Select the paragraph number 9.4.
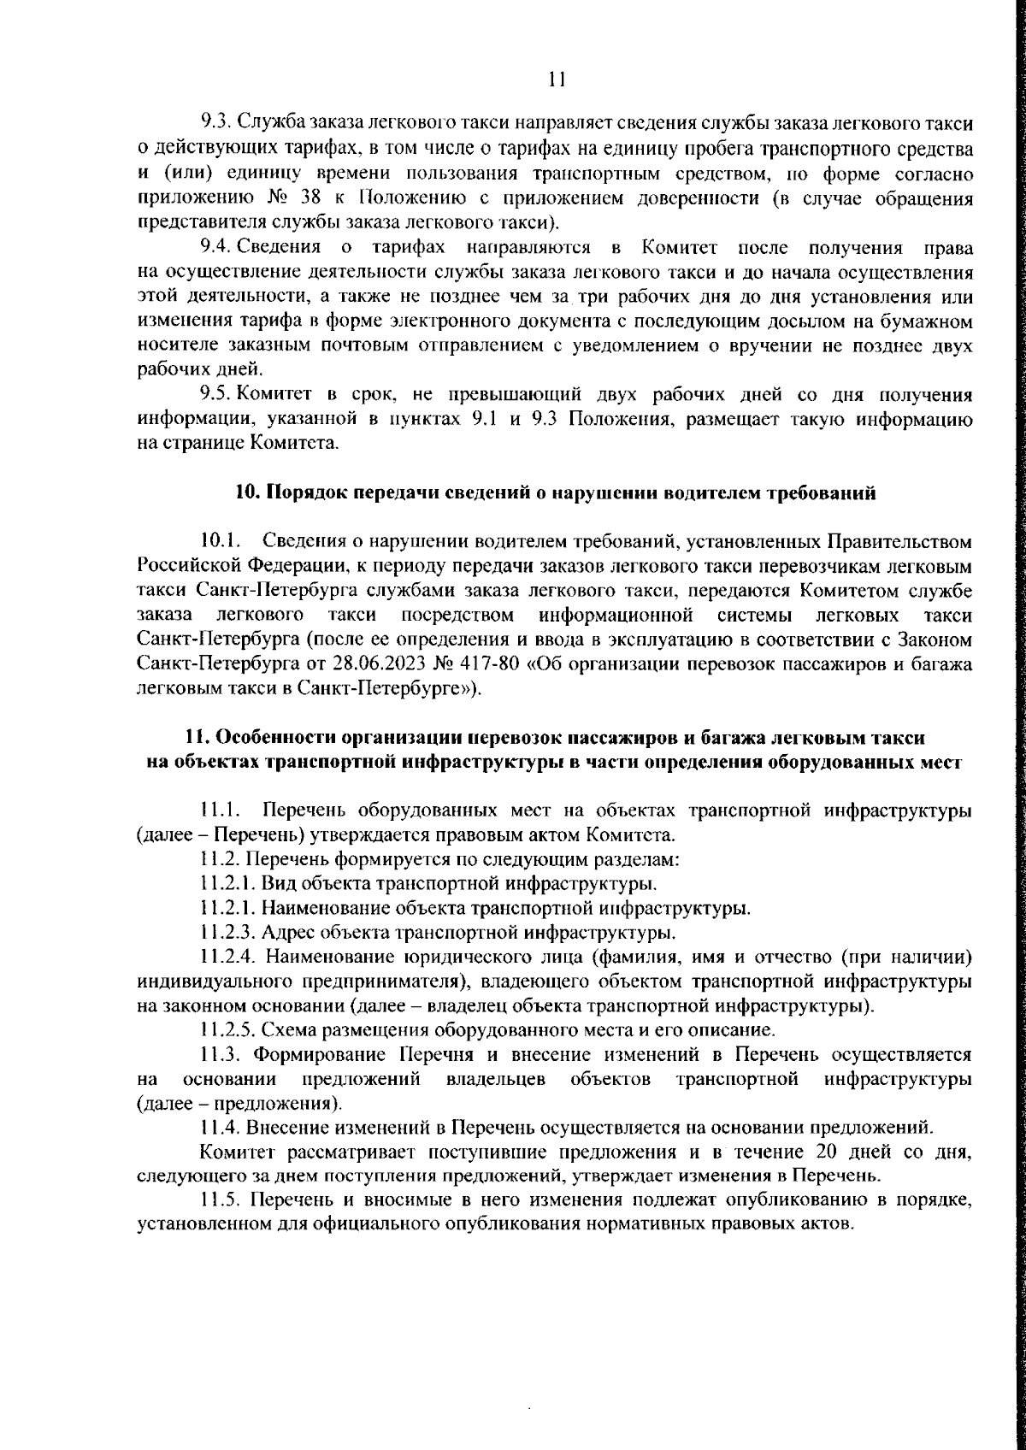click(x=215, y=249)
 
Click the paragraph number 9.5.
click(x=215, y=395)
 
